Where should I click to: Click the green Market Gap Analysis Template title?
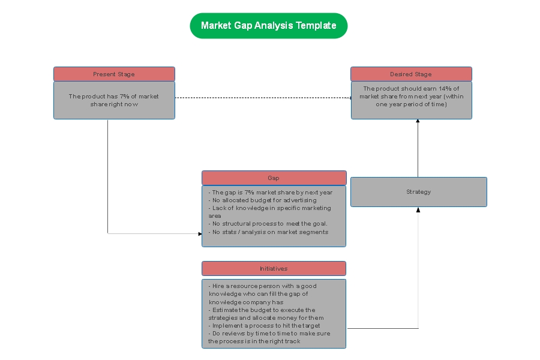pos(268,26)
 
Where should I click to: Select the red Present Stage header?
pos(114,74)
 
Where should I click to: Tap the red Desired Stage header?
pos(411,74)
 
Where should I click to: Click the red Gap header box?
pos(274,178)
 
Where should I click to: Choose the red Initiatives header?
pos(274,268)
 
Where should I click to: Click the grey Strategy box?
pos(418,192)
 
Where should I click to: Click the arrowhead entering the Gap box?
pos(200,233)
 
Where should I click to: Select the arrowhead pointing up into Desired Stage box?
pos(418,121)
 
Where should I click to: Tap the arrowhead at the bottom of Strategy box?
pos(418,209)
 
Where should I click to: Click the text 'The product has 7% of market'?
pos(113,96)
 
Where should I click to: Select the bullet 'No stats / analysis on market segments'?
pos(268,232)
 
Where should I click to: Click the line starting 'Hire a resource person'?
pos(263,286)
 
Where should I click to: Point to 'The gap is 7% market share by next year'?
pos(270,192)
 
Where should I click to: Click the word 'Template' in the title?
pos(316,26)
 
